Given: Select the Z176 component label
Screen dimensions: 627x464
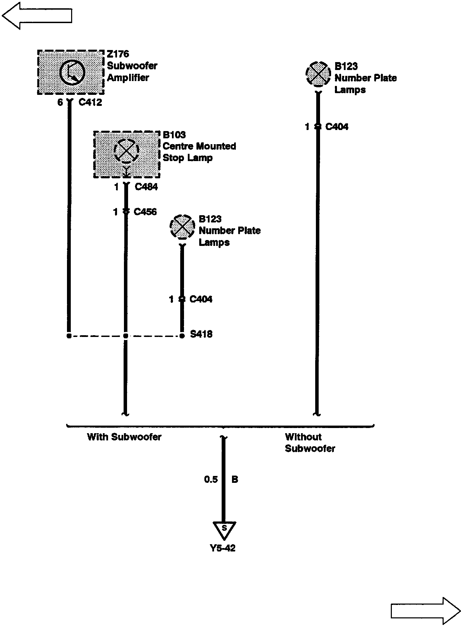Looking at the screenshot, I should click(x=118, y=54).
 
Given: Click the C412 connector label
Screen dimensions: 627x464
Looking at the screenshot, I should click(x=90, y=102).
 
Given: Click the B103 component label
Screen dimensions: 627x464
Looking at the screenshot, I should click(x=174, y=135).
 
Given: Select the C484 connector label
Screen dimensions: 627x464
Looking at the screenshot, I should click(x=146, y=187).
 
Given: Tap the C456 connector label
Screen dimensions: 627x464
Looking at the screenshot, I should click(x=145, y=212).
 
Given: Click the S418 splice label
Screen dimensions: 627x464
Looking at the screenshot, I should click(x=201, y=334).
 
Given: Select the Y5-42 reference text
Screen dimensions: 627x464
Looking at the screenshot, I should click(x=223, y=548).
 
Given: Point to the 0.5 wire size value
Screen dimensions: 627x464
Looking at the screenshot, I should click(x=211, y=479).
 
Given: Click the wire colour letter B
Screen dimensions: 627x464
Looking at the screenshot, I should click(x=235, y=479).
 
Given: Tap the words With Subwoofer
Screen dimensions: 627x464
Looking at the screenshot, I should click(x=124, y=437).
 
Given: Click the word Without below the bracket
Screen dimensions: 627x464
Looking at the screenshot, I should click(x=303, y=437).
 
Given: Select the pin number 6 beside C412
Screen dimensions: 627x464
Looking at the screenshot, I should click(x=60, y=102).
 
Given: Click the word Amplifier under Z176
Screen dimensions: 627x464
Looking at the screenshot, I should click(x=128, y=78).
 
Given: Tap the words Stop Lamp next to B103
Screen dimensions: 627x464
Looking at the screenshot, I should click(x=187, y=158).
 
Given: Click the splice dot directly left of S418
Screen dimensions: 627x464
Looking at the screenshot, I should click(x=182, y=336).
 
